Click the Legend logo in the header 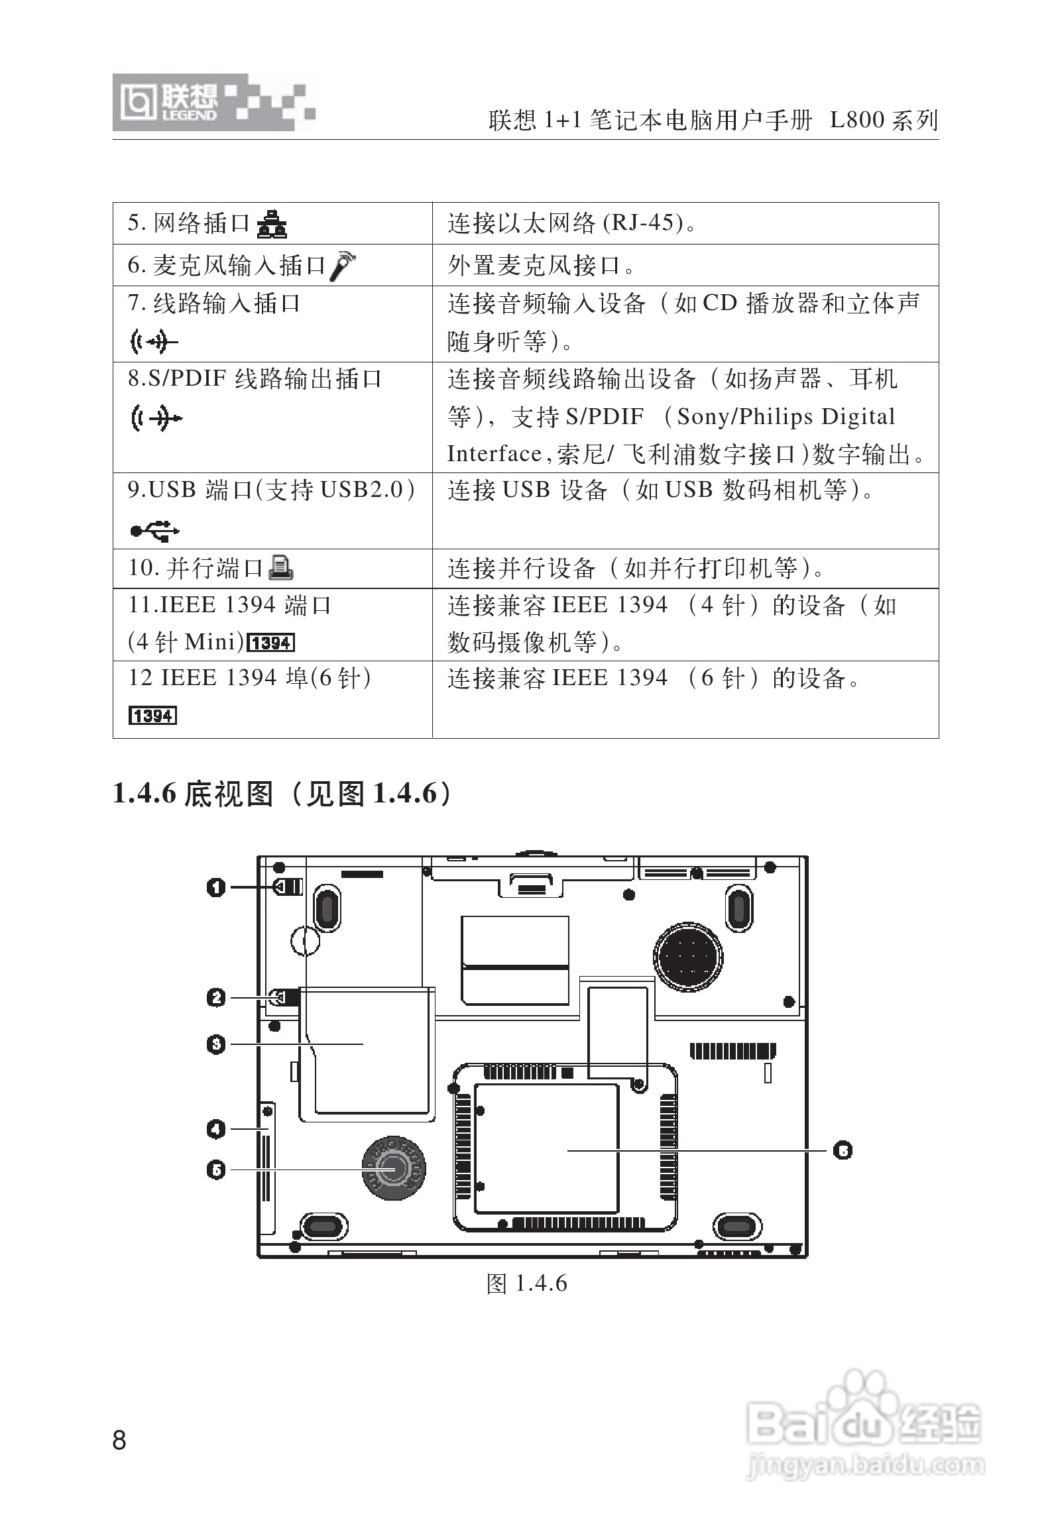coord(213,103)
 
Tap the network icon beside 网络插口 coord(272,224)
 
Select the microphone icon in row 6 coord(343,265)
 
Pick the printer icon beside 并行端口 coord(281,568)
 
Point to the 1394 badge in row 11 coord(270,642)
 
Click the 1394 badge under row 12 coord(152,716)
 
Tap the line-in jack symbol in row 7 coord(153,342)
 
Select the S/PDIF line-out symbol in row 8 coord(156,418)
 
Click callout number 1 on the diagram coord(216,887)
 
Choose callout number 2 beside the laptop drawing coord(216,997)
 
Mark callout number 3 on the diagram coord(216,1044)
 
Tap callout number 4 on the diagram coord(216,1128)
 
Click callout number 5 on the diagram coord(216,1170)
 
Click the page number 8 coord(119,1441)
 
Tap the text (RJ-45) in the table coord(643,223)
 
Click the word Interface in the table coord(494,455)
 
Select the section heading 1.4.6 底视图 coord(285,793)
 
